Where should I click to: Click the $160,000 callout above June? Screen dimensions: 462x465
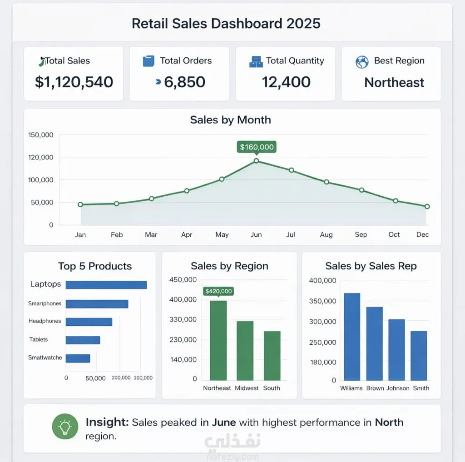(x=257, y=147)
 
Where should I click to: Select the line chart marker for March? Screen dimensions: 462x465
(x=151, y=199)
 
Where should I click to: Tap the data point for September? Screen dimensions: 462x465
(x=361, y=190)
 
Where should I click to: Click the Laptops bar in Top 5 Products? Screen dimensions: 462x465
(x=106, y=285)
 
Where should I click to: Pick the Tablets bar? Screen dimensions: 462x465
(x=83, y=340)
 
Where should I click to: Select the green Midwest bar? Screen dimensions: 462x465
(x=245, y=350)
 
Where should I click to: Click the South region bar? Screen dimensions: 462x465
(x=272, y=355)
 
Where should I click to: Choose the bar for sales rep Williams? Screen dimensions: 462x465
(x=352, y=336)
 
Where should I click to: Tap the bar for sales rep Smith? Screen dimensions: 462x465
(x=419, y=355)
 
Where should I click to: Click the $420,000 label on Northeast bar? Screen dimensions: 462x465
(x=218, y=291)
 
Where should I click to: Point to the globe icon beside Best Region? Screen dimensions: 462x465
(x=362, y=62)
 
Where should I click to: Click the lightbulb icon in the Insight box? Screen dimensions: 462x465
(x=65, y=427)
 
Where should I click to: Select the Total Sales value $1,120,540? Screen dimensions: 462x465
(x=74, y=82)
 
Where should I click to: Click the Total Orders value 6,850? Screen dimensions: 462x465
(x=184, y=82)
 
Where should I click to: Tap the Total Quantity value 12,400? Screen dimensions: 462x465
(x=286, y=82)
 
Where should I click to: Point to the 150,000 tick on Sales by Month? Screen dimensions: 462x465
(x=41, y=135)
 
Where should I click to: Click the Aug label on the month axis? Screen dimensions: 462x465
(x=326, y=235)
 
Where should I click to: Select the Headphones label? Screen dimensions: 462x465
(x=45, y=321)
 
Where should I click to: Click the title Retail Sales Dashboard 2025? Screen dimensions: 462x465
(x=226, y=23)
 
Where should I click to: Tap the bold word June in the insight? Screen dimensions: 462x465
(x=224, y=422)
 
